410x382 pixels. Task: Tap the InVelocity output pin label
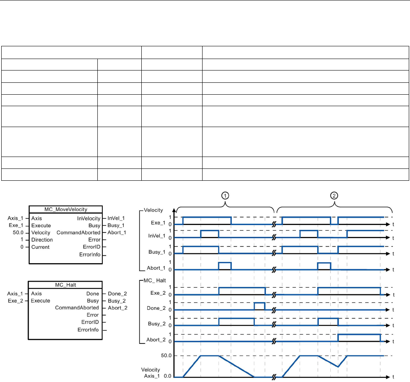point(89,218)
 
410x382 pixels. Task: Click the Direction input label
point(42,240)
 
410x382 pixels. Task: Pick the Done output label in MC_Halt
point(93,293)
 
